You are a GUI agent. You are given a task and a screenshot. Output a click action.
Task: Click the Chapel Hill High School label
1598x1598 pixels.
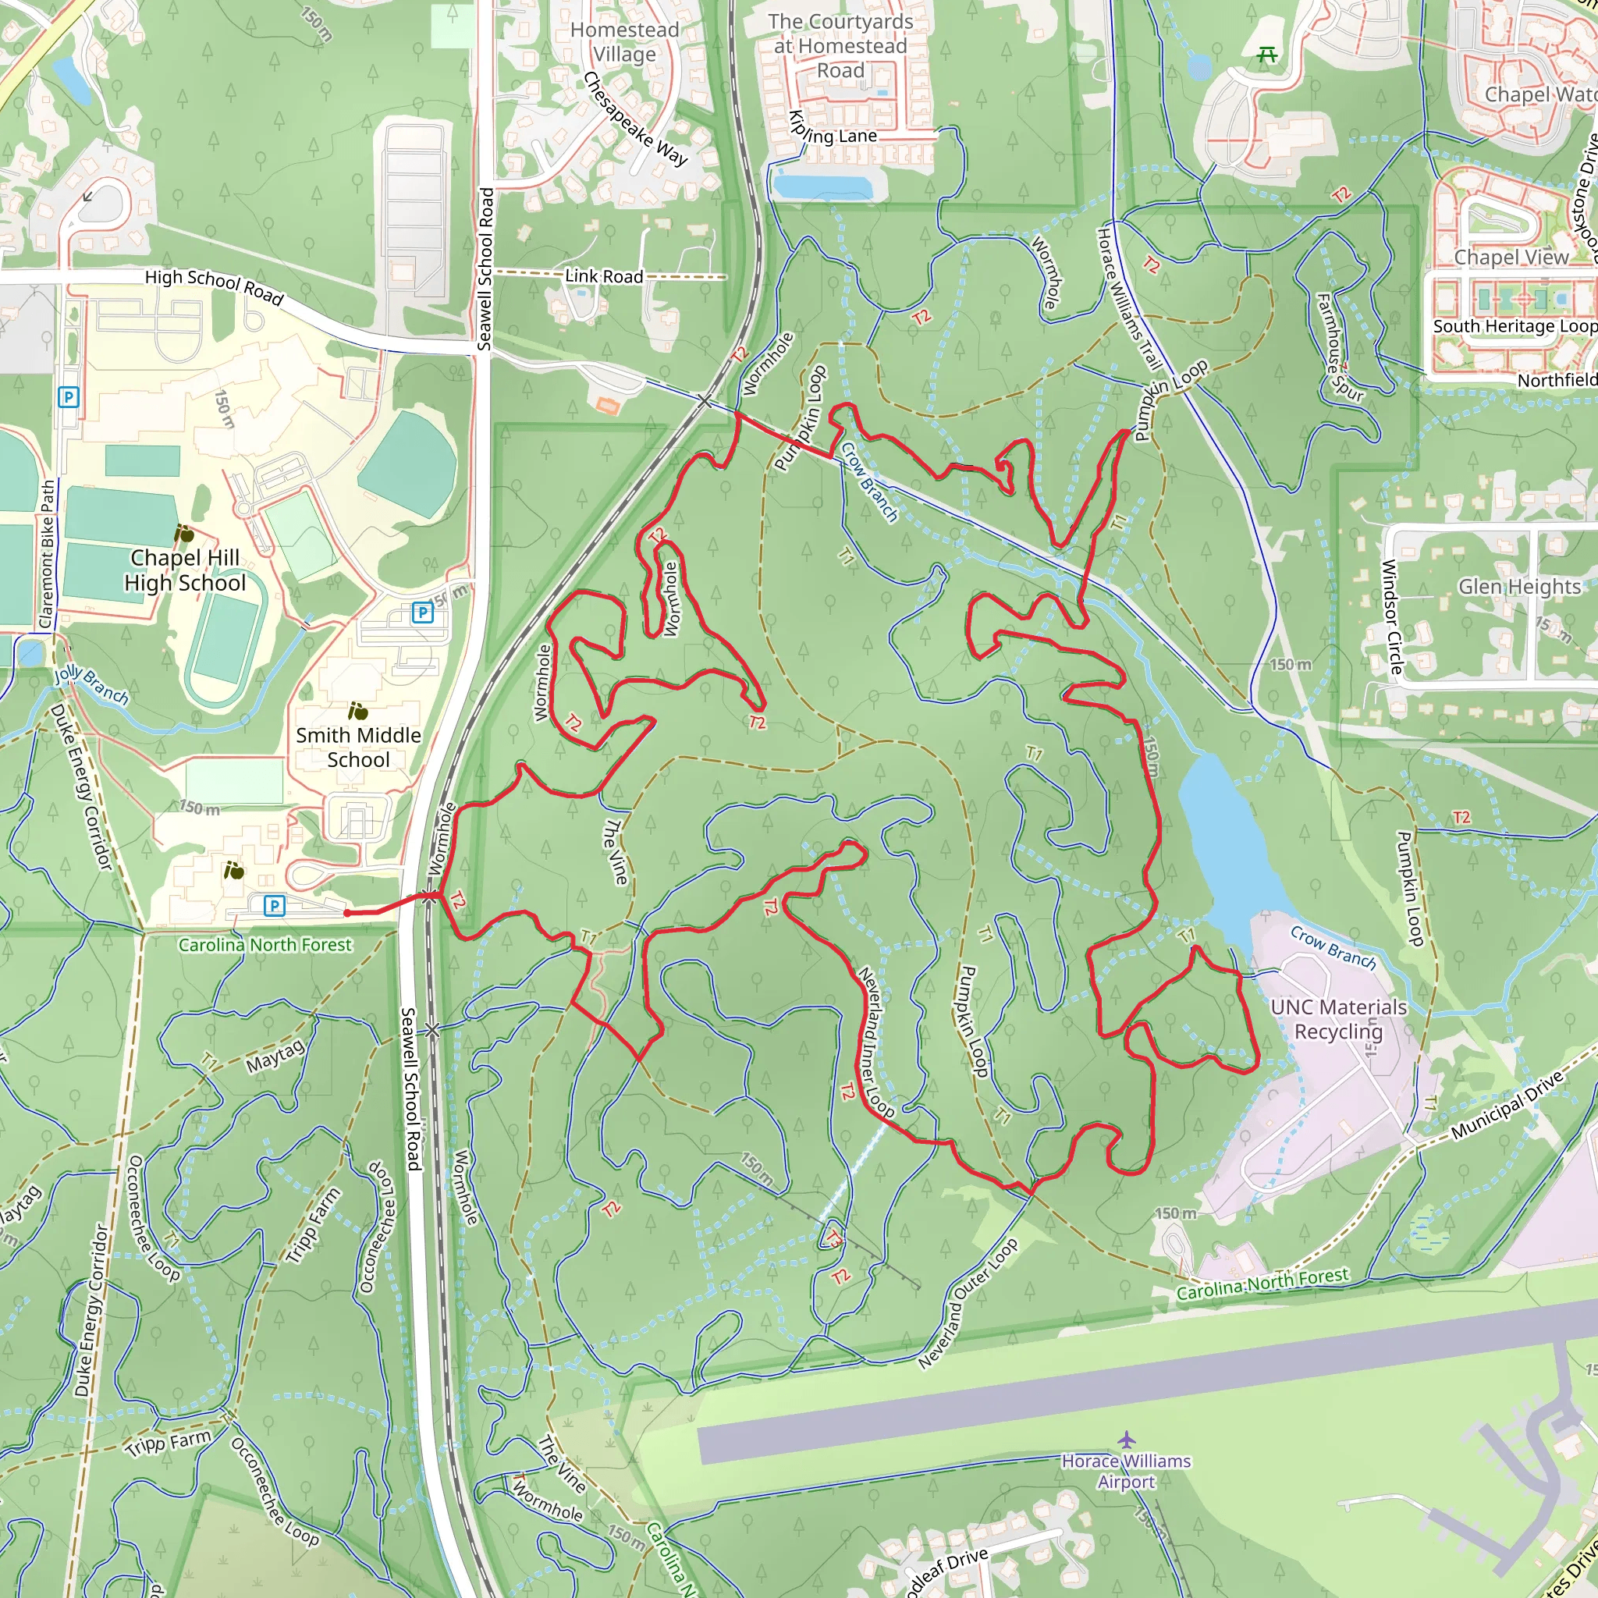coord(185,570)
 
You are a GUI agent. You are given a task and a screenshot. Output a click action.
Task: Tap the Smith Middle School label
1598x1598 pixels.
coord(358,747)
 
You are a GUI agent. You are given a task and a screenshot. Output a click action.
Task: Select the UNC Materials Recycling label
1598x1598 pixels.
coord(1338,1019)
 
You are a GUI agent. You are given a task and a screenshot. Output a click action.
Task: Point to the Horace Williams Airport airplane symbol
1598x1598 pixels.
coord(1126,1440)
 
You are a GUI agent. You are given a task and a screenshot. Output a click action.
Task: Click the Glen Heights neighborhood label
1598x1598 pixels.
coord(1518,587)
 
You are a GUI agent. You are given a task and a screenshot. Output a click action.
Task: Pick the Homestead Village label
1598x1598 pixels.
coord(624,42)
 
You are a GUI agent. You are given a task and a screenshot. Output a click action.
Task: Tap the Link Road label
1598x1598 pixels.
coord(604,276)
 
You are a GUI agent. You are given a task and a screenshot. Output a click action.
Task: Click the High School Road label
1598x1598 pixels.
coord(215,286)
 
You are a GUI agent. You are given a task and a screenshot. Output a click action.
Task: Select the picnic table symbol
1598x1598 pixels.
coord(1266,55)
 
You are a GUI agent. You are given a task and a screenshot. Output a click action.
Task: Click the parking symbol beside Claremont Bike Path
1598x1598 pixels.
coord(69,398)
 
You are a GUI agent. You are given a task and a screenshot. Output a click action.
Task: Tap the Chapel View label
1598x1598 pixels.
coord(1511,257)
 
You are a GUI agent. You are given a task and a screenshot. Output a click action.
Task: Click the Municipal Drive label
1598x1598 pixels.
coord(1507,1105)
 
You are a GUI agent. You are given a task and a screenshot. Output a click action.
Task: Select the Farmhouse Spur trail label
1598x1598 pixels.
coord(1337,347)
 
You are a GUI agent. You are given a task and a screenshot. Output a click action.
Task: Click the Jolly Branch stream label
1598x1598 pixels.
coord(92,686)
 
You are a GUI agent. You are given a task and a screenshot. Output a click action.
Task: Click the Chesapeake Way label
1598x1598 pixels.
coord(634,120)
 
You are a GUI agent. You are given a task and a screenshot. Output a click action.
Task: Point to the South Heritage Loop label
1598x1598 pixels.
coord(1515,327)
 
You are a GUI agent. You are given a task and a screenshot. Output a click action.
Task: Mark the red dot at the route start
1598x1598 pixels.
coord(346,913)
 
